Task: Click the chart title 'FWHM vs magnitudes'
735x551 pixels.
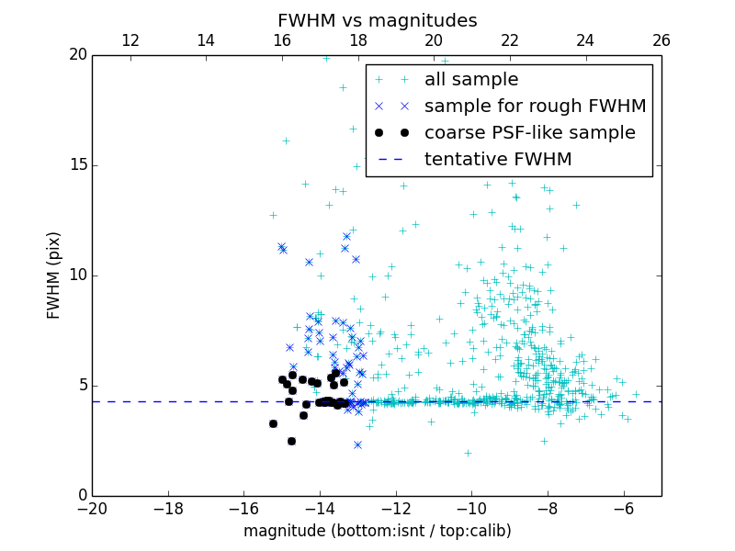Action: pyautogui.click(x=377, y=20)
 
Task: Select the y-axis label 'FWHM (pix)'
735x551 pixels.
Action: pyautogui.click(x=53, y=275)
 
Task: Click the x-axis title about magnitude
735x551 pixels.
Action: pyautogui.click(x=377, y=531)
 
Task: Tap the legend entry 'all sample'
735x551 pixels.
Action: pyautogui.click(x=470, y=80)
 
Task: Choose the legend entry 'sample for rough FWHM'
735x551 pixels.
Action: pyautogui.click(x=535, y=107)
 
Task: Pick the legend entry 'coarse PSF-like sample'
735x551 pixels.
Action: pyautogui.click(x=529, y=133)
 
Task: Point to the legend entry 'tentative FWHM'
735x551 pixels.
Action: pyautogui.click(x=497, y=160)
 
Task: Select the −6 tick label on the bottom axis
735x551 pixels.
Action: pyautogui.click(x=624, y=509)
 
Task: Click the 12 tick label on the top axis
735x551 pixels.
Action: pyautogui.click(x=130, y=40)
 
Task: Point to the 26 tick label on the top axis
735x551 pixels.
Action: pyautogui.click(x=661, y=40)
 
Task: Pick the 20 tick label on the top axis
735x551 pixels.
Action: pyautogui.click(x=434, y=40)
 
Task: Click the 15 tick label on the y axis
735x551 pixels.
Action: pyautogui.click(x=77, y=165)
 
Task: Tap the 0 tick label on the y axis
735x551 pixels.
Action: pyautogui.click(x=82, y=496)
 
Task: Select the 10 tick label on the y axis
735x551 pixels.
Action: pyautogui.click(x=77, y=275)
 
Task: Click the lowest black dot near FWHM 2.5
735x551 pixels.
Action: pyautogui.click(x=291, y=441)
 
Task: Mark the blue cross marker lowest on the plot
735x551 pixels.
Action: pyautogui.click(x=357, y=444)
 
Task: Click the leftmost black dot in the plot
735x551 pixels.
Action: pyautogui.click(x=273, y=423)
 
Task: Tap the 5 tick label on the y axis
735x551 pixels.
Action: pyautogui.click(x=82, y=386)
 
